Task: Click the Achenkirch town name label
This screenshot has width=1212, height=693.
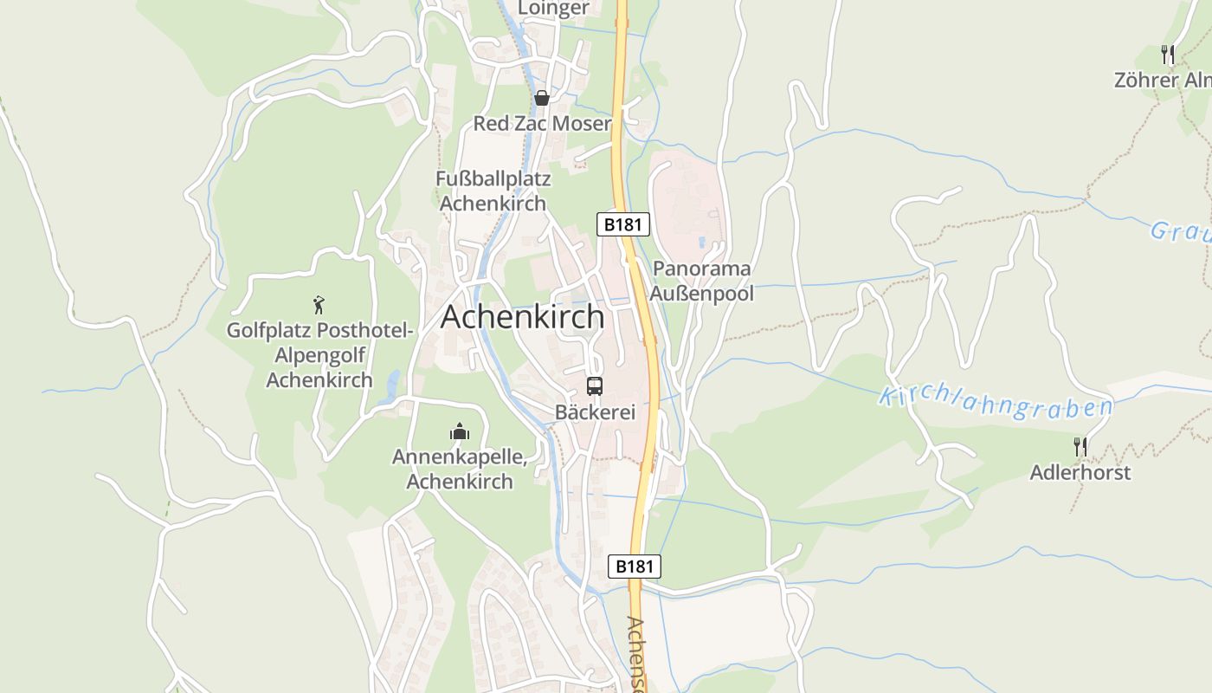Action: click(522, 317)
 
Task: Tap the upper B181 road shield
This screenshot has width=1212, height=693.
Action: click(623, 224)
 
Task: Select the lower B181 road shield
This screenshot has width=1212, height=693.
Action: click(635, 567)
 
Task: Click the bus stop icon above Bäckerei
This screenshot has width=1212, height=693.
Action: click(594, 386)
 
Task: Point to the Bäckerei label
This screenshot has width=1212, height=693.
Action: click(595, 412)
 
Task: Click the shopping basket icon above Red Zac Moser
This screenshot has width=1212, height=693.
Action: click(542, 98)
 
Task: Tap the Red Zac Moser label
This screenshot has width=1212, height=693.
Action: click(542, 124)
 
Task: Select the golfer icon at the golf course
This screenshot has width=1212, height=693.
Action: click(319, 304)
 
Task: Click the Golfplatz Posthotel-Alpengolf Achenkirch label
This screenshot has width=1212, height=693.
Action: click(319, 355)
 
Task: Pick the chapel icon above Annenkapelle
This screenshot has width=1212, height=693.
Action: click(460, 431)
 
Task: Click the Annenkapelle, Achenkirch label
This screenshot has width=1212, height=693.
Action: click(460, 469)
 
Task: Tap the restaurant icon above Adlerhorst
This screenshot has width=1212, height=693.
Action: click(1080, 447)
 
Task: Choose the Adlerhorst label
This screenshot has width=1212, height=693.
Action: click(1080, 473)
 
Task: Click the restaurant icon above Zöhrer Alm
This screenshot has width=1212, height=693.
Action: click(1168, 55)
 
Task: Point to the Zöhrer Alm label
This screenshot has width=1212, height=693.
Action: click(1163, 81)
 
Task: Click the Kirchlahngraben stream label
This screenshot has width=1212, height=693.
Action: click(996, 403)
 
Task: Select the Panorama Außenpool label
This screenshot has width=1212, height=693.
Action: click(702, 281)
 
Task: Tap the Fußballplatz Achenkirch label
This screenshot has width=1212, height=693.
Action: click(493, 191)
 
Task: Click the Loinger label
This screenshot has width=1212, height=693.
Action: click(553, 9)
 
